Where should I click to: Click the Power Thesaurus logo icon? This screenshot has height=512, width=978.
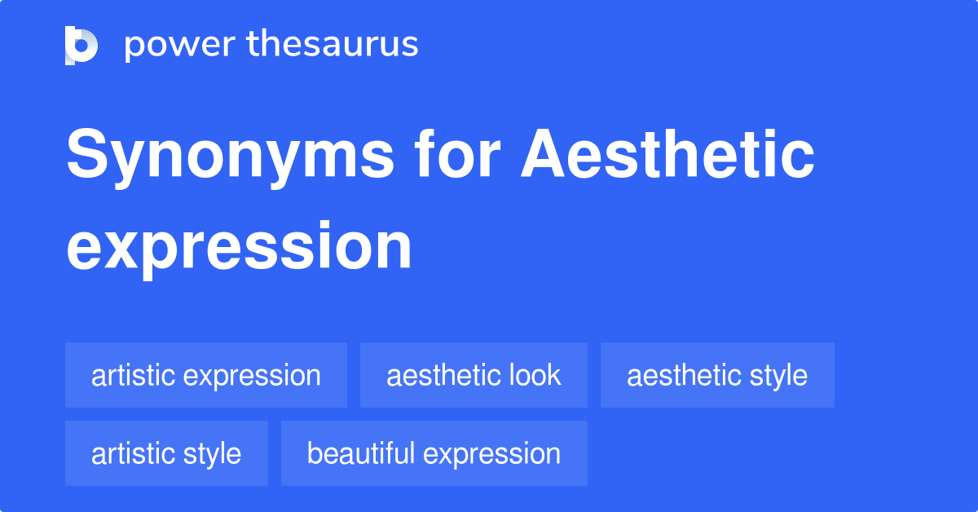[x=81, y=46]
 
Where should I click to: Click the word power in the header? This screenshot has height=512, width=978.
[x=180, y=46]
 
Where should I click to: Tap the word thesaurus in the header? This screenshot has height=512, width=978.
[x=333, y=43]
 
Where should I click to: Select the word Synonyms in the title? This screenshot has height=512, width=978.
[x=230, y=157]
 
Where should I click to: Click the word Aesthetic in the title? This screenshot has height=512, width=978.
[x=667, y=153]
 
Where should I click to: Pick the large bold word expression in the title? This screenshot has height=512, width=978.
[x=239, y=249]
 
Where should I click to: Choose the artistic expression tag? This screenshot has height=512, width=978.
[x=206, y=375]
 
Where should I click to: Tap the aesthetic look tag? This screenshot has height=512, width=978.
[x=474, y=375]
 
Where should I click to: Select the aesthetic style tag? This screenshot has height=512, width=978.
[x=717, y=375]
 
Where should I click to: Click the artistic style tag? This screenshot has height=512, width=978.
[x=166, y=453]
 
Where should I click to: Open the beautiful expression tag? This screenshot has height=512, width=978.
[x=434, y=453]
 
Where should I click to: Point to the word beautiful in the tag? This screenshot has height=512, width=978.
[x=361, y=452]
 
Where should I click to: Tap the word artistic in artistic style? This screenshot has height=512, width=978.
[x=133, y=453]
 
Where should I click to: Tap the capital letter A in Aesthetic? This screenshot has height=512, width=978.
[x=543, y=153]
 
